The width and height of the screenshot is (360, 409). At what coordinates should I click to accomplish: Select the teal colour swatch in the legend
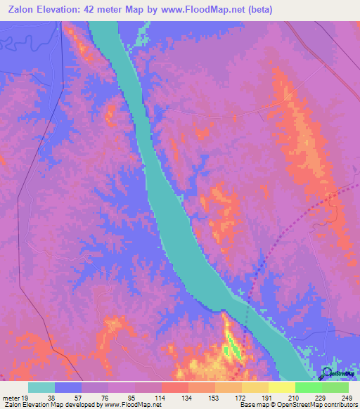tap(41, 387)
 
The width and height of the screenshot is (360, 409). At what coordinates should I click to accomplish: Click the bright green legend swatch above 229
tap(308, 387)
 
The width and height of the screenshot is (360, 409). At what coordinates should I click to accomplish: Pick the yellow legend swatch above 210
tap(281, 387)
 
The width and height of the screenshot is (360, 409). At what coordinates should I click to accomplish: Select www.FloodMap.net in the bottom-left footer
tap(133, 405)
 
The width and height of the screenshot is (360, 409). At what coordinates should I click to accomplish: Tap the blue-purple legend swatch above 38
tap(68, 387)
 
